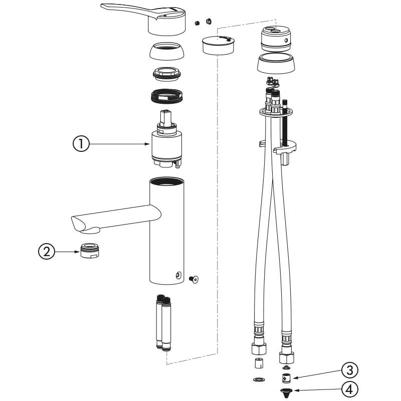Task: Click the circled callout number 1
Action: click(81, 144)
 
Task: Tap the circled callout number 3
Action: click(349, 371)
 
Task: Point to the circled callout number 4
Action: click(349, 388)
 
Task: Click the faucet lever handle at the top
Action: click(145, 18)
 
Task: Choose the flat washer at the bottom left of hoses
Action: click(259, 380)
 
